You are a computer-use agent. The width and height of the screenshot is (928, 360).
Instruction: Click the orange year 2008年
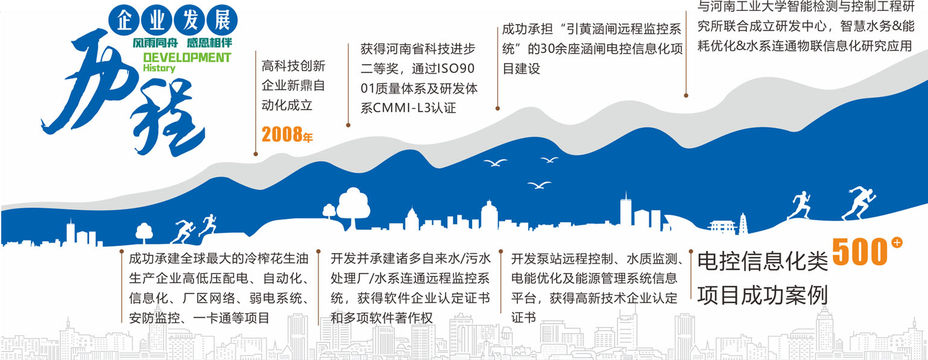[287, 134]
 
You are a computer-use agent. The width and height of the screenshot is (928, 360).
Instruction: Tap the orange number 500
[859, 251]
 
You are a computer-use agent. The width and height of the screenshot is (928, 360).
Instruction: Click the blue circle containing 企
[124, 21]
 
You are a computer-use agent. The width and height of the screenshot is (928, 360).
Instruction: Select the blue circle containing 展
[222, 21]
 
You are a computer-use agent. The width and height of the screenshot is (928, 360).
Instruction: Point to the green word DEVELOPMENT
[187, 57]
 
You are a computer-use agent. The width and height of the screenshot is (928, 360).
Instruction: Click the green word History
[159, 68]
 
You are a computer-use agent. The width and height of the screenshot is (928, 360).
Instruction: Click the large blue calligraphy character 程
[166, 120]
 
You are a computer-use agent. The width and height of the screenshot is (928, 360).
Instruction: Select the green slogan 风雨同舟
[156, 43]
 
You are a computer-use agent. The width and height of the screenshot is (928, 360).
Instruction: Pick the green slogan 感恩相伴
[209, 43]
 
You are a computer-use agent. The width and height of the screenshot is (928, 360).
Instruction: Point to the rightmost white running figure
[859, 203]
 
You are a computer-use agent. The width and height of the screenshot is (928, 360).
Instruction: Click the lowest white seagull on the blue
[538, 185]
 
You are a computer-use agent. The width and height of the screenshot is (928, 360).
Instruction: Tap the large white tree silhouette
[353, 207]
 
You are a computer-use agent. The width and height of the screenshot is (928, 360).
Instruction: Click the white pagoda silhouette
[743, 224]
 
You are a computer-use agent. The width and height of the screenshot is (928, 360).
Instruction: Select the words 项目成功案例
[762, 295]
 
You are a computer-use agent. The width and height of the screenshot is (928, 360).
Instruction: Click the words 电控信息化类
[762, 261]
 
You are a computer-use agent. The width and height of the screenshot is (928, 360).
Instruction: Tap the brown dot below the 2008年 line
[256, 154]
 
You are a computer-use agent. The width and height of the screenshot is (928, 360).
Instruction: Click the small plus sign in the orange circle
[897, 243]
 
